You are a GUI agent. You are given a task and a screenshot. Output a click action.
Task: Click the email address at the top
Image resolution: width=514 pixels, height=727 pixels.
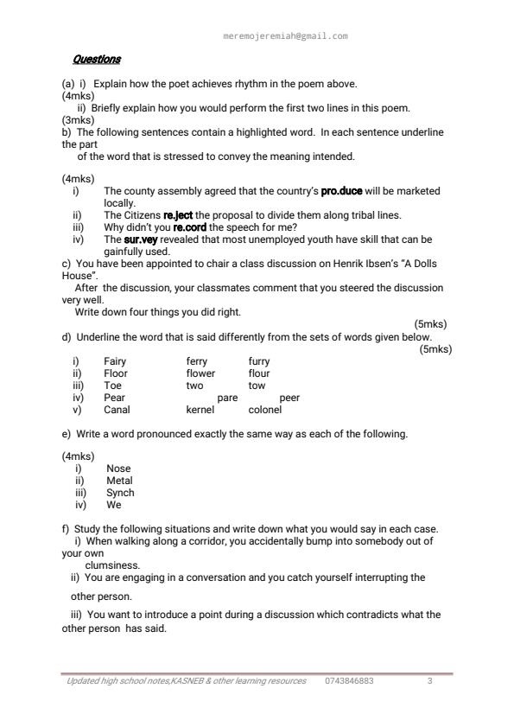point(285,36)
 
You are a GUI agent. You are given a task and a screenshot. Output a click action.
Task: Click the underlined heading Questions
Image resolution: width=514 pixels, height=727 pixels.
point(97,60)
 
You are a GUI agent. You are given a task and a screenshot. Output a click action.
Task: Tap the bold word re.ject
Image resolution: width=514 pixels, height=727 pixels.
point(179,215)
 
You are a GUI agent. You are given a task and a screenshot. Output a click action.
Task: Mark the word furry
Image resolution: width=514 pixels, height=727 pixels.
point(259,361)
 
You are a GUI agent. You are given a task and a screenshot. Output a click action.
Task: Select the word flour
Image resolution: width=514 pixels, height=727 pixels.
point(259,373)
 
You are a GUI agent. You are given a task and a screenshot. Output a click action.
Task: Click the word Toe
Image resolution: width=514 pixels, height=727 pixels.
point(112,386)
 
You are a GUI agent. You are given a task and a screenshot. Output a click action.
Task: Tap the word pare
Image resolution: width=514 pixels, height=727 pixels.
point(227,399)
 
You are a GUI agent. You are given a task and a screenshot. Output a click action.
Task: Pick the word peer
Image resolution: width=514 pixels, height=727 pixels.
point(290,399)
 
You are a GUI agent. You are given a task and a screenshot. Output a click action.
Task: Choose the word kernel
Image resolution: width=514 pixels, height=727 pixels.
point(200,411)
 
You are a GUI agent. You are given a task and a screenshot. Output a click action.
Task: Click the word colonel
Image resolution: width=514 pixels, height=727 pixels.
point(265,411)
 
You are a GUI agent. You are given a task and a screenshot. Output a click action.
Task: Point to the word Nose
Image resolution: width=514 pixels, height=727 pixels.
point(118,469)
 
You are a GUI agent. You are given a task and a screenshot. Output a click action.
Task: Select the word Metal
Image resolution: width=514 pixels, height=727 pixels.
point(119,481)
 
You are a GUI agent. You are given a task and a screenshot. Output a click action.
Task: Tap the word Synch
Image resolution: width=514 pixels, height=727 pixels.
point(120,493)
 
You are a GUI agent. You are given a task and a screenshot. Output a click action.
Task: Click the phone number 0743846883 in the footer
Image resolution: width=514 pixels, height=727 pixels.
point(350,681)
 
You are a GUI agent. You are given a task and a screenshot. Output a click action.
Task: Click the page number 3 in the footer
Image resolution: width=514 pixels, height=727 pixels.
point(429,681)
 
